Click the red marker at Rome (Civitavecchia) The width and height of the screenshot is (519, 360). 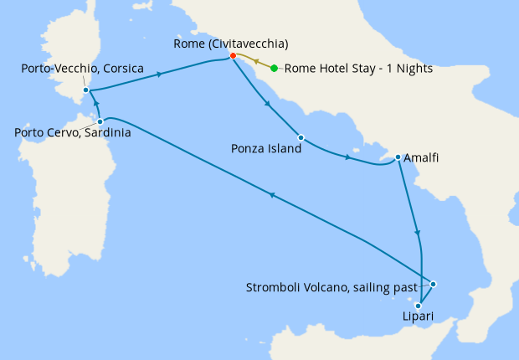pyautogui.click(x=234, y=56)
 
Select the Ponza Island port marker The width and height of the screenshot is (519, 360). pyautogui.click(x=301, y=137)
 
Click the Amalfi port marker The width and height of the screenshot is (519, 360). pyautogui.click(x=398, y=157)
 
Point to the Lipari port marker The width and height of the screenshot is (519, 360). pyautogui.click(x=419, y=306)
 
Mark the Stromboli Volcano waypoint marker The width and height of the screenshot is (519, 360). pyautogui.click(x=434, y=285)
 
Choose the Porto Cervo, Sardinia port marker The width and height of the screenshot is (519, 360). pyautogui.click(x=100, y=121)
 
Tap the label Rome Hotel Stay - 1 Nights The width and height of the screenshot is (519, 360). pyautogui.click(x=358, y=69)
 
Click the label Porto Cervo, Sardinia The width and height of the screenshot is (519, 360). pyautogui.click(x=72, y=132)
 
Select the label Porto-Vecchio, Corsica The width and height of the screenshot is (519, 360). pyautogui.click(x=81, y=68)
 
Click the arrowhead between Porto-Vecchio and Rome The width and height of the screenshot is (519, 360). pyautogui.click(x=158, y=75)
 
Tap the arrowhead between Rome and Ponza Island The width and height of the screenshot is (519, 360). pyautogui.click(x=267, y=104)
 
